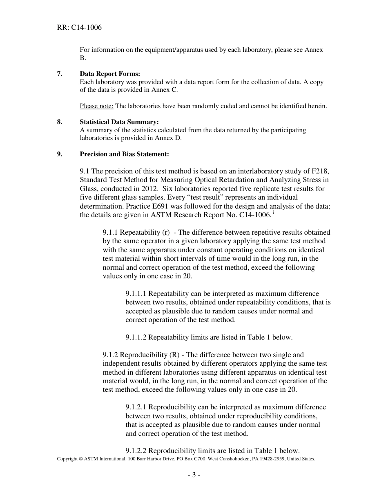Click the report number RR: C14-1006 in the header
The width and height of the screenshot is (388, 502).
click(x=79, y=28)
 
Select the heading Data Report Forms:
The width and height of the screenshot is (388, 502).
click(x=110, y=73)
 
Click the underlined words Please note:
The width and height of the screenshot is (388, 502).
click(x=96, y=106)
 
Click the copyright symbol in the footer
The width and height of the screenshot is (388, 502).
click(x=80, y=459)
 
